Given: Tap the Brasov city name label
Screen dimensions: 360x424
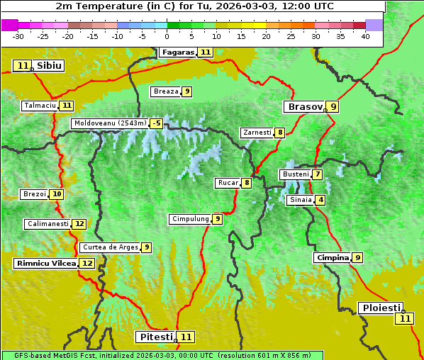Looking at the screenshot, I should click(304, 107).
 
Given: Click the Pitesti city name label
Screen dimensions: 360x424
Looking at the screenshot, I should click(155, 337).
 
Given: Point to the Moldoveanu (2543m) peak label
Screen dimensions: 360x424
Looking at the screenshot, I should click(109, 123).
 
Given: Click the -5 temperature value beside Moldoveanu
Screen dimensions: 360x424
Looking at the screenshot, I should click(156, 123).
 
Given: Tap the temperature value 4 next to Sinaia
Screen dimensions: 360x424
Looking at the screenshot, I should click(321, 200).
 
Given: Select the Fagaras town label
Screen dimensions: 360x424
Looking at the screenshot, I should click(177, 52).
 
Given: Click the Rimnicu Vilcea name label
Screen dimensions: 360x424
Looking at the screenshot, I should click(45, 263).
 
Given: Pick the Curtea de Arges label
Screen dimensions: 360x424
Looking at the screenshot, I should click(108, 247).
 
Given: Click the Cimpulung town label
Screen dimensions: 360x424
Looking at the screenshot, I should click(190, 219).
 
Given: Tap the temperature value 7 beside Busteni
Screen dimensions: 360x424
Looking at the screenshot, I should click(318, 174).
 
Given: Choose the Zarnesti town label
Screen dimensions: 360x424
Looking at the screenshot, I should click(257, 132).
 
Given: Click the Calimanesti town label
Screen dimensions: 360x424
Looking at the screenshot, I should click(48, 224).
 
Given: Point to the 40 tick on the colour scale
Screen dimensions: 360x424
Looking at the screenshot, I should click(365, 36).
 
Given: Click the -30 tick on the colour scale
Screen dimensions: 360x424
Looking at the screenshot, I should click(18, 36).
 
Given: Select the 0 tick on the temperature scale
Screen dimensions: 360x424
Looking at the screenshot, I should click(167, 36).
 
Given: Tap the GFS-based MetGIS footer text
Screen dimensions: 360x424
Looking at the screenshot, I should click(162, 355).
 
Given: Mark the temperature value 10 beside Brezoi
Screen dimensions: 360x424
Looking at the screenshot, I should click(56, 194).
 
